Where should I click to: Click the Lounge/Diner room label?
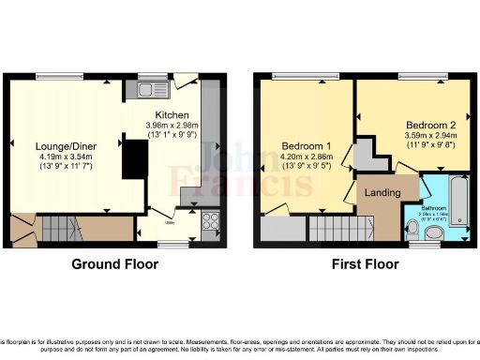click(x=66, y=145)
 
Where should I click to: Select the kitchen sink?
click(x=146, y=90)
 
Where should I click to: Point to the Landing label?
click(x=385, y=192)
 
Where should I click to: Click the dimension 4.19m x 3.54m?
click(x=66, y=157)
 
